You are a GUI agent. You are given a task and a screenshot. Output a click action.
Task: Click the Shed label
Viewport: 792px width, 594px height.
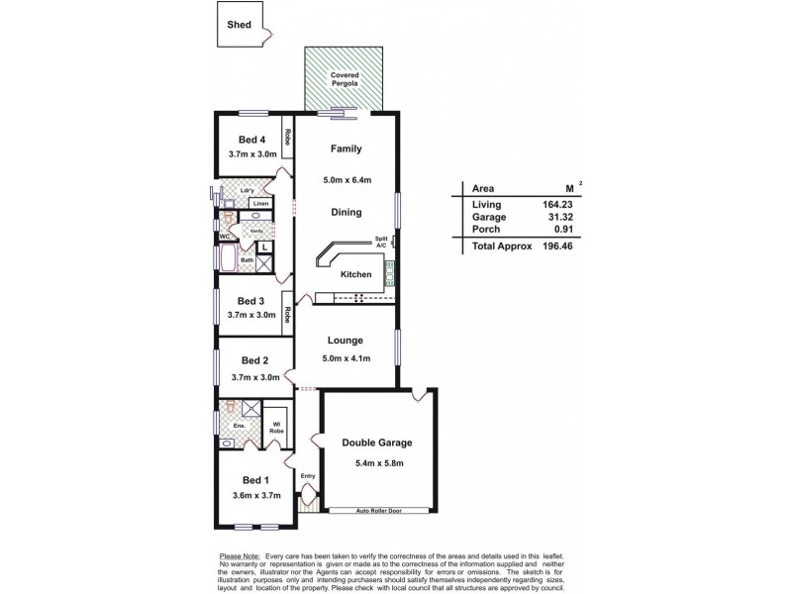tap(239, 25)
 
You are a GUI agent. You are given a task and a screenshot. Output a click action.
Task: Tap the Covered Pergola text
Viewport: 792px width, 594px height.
tap(346, 80)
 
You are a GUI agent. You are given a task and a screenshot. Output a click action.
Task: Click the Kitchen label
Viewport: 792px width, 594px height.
tap(356, 273)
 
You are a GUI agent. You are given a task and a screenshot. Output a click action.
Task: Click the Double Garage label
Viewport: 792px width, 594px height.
tap(377, 443)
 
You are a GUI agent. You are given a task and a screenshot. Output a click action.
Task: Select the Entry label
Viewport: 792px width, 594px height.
tap(307, 476)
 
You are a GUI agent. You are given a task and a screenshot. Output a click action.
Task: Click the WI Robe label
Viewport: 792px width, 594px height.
tap(278, 430)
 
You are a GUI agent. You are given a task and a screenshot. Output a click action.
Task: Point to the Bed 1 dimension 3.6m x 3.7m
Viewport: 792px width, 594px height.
tap(256, 496)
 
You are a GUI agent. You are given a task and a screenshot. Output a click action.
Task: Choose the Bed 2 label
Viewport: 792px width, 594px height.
tap(255, 360)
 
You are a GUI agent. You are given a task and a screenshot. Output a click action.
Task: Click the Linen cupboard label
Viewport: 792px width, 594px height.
tap(259, 204)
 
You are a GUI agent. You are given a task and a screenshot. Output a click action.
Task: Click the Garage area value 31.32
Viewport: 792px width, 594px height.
tap(556, 217)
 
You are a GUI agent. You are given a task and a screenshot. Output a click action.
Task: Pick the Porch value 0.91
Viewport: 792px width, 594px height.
tap(559, 230)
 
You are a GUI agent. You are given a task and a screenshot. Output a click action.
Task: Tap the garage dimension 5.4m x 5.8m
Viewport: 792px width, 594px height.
tap(377, 463)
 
